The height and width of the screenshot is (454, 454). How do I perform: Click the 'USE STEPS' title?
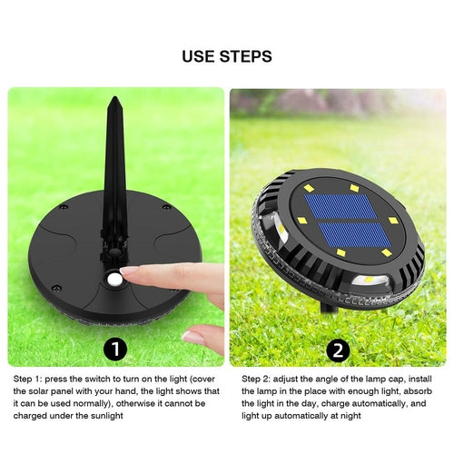[x=227, y=56]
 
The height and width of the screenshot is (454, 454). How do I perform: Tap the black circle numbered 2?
[x=338, y=350]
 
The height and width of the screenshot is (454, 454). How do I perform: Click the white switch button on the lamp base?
[x=114, y=280]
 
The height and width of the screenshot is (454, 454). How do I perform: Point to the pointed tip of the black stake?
[x=114, y=98]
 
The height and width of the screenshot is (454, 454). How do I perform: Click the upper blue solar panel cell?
[x=340, y=206]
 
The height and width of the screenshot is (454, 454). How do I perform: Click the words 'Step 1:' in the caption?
[x=26, y=380]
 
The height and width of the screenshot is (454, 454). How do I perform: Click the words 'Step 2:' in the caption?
[x=255, y=380]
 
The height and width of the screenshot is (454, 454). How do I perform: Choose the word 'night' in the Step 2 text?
[x=351, y=416]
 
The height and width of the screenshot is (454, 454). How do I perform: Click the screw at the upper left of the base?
[x=64, y=208]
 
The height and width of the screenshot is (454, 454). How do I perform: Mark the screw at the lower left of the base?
[x=56, y=288]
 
